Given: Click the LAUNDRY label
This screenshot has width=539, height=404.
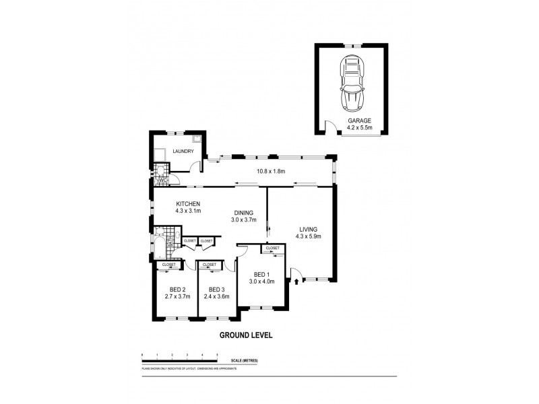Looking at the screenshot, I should (183, 152).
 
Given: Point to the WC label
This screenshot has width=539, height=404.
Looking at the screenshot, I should (162, 180).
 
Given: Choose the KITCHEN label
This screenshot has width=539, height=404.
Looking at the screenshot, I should (188, 204).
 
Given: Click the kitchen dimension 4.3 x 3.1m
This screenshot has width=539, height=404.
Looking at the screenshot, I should (188, 211).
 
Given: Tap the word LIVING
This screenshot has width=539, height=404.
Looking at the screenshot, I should (309, 229).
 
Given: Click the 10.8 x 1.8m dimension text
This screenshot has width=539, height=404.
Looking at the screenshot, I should (271, 172).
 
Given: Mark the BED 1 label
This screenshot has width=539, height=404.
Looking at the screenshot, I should (261, 274).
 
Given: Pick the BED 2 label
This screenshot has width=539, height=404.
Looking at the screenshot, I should (177, 290).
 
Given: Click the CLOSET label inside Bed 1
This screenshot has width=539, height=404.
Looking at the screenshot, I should (272, 248).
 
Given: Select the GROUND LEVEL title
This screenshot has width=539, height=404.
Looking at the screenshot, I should (245, 334).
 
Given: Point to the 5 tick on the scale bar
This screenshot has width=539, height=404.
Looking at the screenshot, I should (217, 354).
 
